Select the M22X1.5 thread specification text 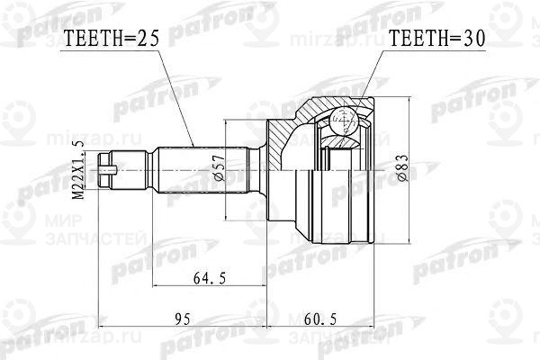(78, 168)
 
